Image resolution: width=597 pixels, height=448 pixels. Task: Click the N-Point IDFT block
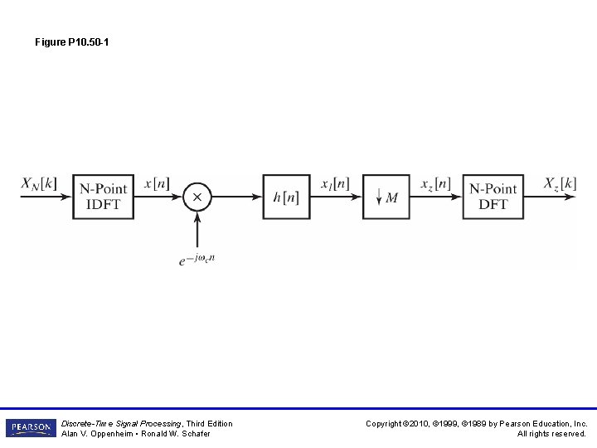coord(104,197)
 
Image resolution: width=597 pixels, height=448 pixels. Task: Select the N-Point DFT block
coord(493,197)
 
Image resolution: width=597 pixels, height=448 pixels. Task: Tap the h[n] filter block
coord(286,197)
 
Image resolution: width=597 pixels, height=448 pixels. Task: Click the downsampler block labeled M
coord(386,197)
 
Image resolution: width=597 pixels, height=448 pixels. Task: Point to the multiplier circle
coord(197,197)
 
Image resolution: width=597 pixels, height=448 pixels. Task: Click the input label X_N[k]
coord(39,183)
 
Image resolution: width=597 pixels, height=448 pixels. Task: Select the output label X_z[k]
coord(560,183)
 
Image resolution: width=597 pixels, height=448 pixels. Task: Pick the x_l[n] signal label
coord(335,183)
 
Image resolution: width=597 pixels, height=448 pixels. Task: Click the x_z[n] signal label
coord(435,183)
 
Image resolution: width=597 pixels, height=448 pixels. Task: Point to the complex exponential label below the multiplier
coord(197,259)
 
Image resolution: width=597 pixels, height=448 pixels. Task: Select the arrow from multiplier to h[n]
coord(236,197)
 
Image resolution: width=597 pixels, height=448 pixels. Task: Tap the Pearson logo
coord(31,428)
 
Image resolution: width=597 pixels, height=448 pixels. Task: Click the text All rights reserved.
coord(552,434)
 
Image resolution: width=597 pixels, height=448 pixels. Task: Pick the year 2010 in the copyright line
coord(428,424)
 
